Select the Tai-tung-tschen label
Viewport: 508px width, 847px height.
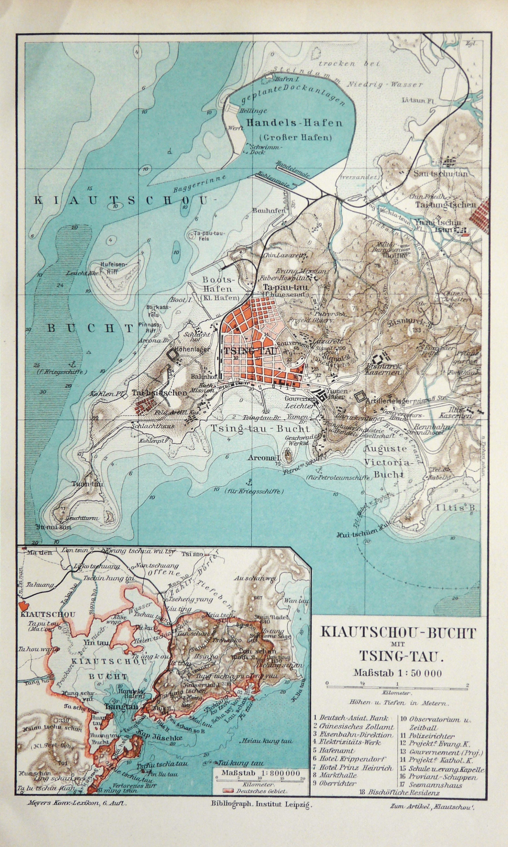tap(445, 205)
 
